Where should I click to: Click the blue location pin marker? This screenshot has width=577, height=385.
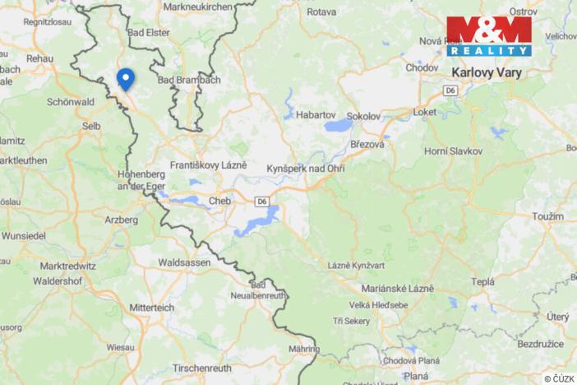tap(125, 78)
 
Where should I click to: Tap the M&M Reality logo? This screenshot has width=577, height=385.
tap(489, 35)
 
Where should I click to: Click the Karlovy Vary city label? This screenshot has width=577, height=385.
tap(487, 72)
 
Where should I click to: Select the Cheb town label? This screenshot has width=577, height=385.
tap(219, 200)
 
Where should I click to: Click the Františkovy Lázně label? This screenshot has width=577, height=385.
tap(208, 165)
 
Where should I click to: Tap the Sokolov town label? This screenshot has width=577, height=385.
tap(363, 116)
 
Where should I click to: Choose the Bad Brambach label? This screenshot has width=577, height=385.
tap(189, 80)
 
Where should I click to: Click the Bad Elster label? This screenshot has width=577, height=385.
tap(150, 33)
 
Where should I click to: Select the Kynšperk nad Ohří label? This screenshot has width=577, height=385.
tap(306, 169)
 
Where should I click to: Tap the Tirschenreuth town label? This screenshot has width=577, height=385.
tap(205, 369)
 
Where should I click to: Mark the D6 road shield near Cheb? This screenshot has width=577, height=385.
tap(261, 201)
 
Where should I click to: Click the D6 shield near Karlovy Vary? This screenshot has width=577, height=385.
tap(450, 90)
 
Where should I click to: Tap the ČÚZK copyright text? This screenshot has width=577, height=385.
tap(559, 378)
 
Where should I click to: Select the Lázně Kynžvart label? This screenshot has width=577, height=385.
tap(357, 267)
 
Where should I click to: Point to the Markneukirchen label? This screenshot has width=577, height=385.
tap(197, 7)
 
